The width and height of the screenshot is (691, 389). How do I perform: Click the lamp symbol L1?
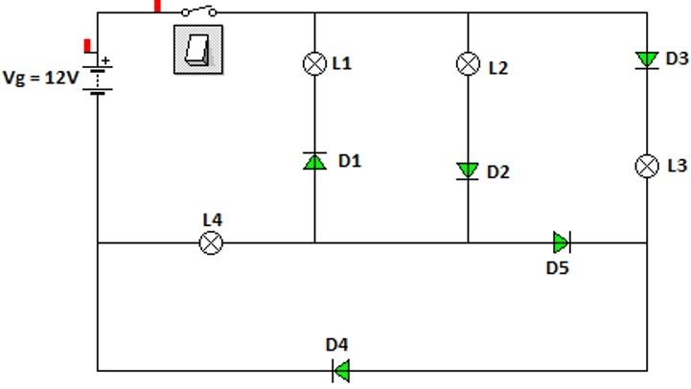click(x=314, y=63)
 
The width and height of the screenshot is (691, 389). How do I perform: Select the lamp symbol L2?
click(x=468, y=63)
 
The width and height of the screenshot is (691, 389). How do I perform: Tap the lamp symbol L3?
click(x=647, y=166)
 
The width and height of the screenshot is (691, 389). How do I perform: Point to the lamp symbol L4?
click(x=211, y=242)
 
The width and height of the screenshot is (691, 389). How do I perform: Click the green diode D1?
click(x=314, y=161)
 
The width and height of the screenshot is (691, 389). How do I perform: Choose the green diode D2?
click(x=468, y=171)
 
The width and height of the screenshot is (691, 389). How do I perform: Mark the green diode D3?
click(x=647, y=60)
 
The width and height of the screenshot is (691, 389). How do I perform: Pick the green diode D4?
click(x=340, y=371)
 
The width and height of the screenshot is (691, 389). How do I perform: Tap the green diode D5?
click(x=562, y=242)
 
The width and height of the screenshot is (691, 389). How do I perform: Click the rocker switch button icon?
click(x=198, y=50)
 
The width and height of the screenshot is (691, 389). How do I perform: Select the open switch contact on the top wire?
click(x=198, y=11)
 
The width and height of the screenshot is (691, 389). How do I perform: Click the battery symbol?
click(x=98, y=80)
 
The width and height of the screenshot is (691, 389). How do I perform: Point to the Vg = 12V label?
click(x=40, y=78)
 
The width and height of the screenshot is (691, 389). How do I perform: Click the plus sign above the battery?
click(x=105, y=60)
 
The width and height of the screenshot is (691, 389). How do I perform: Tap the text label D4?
click(x=337, y=345)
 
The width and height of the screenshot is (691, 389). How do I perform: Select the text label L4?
click(x=213, y=219)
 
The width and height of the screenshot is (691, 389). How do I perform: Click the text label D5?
click(x=558, y=268)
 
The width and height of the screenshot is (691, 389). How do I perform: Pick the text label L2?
click(x=498, y=68)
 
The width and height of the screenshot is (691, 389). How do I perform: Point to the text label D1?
click(x=350, y=161)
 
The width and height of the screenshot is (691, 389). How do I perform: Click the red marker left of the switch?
click(x=157, y=6)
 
